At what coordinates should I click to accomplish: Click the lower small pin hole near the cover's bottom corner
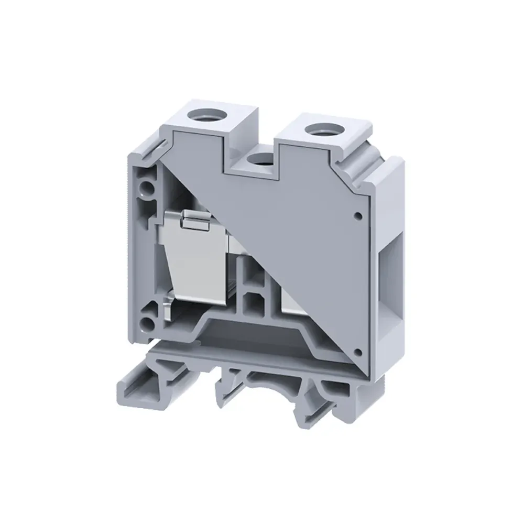click(358, 352)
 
